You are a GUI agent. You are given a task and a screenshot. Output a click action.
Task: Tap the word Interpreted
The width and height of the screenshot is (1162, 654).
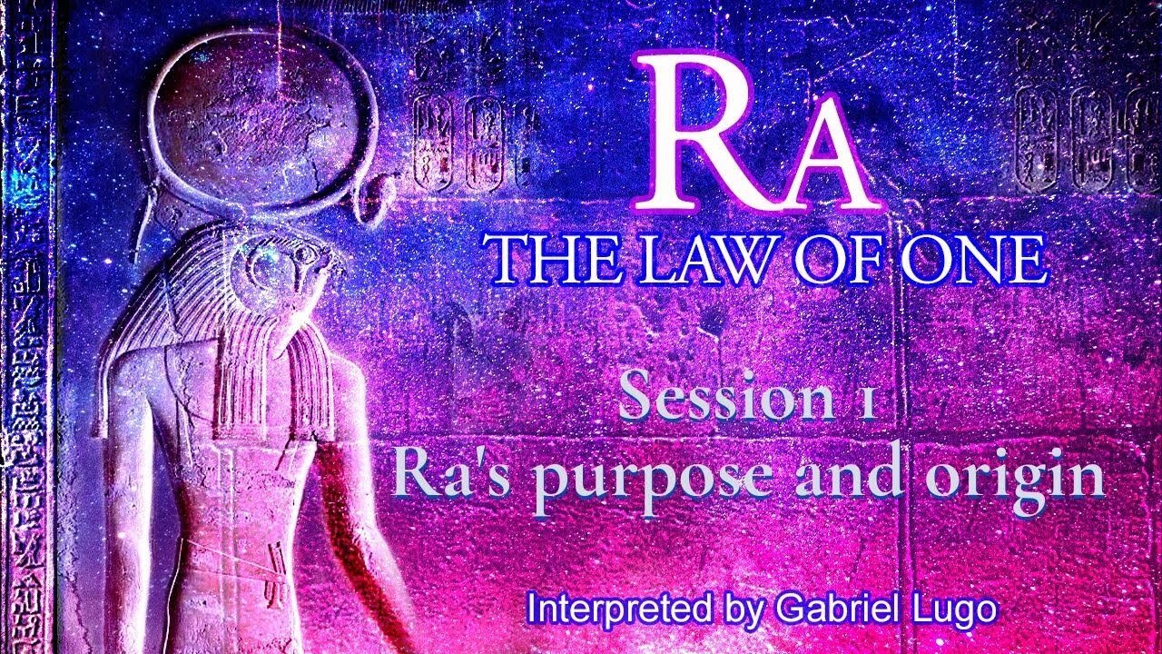[618, 609]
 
